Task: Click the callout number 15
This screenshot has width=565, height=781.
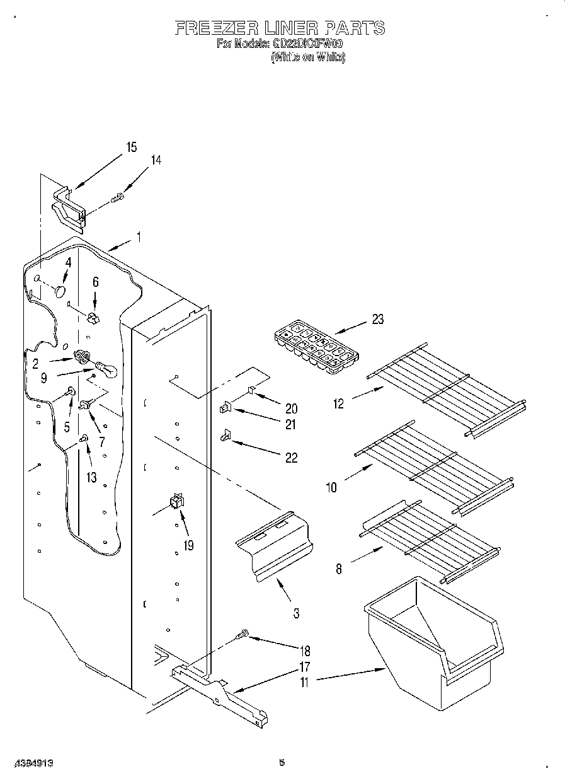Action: click(131, 148)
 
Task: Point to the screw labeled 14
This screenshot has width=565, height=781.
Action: click(118, 199)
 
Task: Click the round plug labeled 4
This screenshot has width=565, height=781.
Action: click(60, 291)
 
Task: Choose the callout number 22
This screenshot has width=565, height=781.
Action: click(291, 458)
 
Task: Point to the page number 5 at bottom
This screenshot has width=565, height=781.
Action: click(282, 763)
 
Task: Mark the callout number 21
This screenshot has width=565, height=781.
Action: click(290, 425)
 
